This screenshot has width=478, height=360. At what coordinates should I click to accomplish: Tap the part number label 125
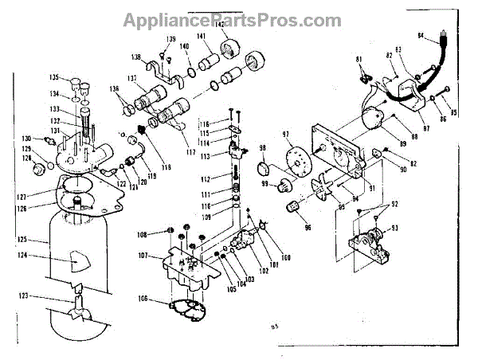click(x=22, y=238)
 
